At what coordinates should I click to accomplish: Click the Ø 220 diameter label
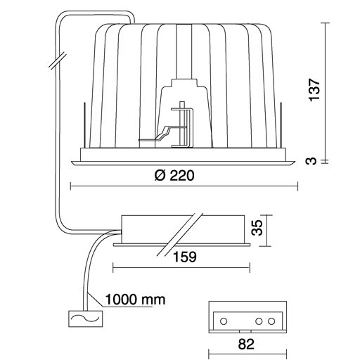[x=174, y=176]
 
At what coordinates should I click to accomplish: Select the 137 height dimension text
[x=314, y=90]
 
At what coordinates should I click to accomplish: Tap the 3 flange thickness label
[x=311, y=161]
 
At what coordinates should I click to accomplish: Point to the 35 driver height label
[x=257, y=227]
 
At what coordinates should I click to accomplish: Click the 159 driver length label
[x=185, y=257]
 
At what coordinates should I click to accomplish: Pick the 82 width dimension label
[x=246, y=345]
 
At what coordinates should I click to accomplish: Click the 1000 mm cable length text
[x=135, y=300]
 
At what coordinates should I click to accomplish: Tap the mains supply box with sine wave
[x=86, y=319]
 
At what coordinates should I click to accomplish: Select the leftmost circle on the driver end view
[x=224, y=321]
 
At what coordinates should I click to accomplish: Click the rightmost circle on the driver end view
[x=271, y=321]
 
